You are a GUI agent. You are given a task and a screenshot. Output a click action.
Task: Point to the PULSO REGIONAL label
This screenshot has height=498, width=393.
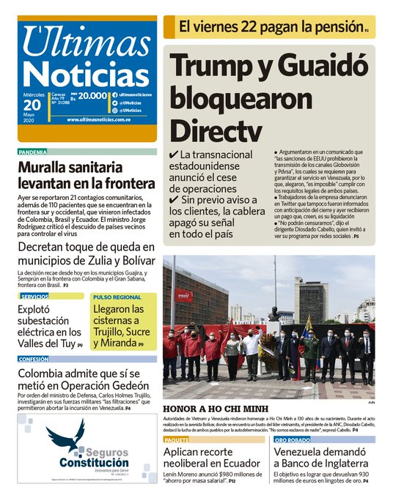[117, 297]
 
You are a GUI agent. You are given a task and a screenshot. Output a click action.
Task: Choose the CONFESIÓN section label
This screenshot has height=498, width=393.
[34, 360]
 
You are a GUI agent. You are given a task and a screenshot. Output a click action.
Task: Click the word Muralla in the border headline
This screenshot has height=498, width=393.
[48, 167]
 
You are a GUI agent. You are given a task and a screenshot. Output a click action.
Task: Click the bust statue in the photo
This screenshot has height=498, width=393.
[273, 314]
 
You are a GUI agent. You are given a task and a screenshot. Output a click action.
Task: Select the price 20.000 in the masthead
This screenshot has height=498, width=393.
[93, 95]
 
